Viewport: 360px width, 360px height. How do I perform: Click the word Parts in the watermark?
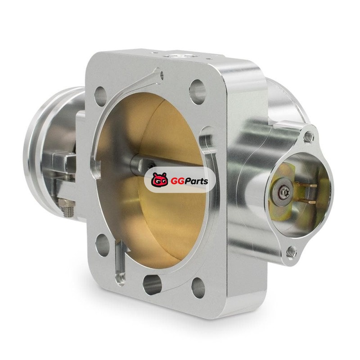pyautogui.click(x=195, y=181)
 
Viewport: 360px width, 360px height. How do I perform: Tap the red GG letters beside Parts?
pyautogui.click(x=175, y=182)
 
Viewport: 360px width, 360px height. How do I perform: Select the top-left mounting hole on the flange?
pyautogui.click(x=100, y=96)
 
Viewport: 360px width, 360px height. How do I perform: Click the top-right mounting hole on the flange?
pyautogui.click(x=198, y=92)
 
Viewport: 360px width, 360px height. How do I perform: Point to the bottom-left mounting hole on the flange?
pyautogui.click(x=103, y=245)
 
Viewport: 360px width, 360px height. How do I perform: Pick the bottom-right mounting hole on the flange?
pyautogui.click(x=198, y=288)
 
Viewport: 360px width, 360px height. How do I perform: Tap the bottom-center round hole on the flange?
pyautogui.click(x=152, y=285)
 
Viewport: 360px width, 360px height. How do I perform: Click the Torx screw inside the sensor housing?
pyautogui.click(x=283, y=192)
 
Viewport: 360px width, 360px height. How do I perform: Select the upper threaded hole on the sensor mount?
pyautogui.click(x=309, y=137)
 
